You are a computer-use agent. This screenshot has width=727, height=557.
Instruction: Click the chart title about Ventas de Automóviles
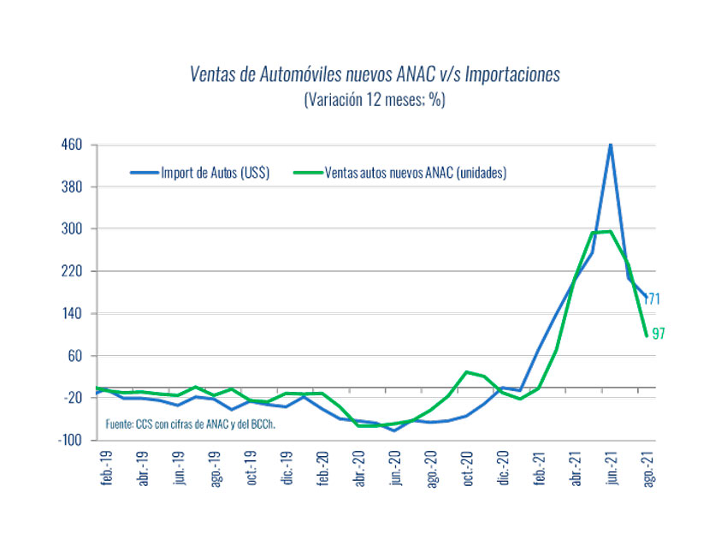pyautogui.click(x=375, y=74)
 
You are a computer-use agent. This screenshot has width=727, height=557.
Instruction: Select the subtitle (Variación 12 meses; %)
pyautogui.click(x=375, y=99)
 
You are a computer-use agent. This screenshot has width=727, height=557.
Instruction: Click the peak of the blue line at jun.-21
pyautogui.click(x=610, y=145)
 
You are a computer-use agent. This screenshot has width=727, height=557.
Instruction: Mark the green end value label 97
pyautogui.click(x=659, y=334)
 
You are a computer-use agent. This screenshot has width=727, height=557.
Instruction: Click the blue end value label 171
pyautogui.click(x=653, y=299)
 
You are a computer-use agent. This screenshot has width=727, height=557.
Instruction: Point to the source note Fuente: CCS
pyautogui.click(x=194, y=424)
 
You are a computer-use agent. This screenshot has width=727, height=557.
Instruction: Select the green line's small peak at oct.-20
pyautogui.click(x=467, y=372)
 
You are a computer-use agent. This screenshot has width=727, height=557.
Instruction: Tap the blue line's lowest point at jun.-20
pyautogui.click(x=394, y=430)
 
